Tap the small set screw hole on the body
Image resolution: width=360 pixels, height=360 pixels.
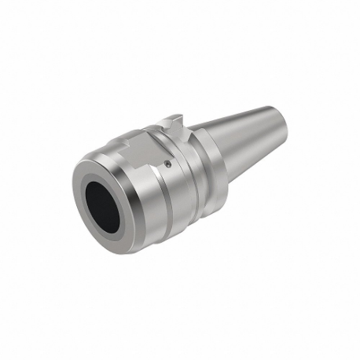(169, 163)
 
